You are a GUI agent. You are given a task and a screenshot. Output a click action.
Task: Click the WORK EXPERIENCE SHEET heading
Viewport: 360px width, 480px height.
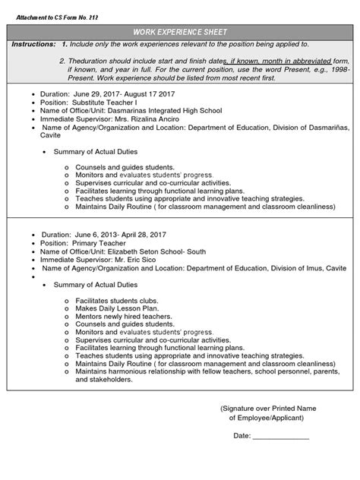pos(180,33)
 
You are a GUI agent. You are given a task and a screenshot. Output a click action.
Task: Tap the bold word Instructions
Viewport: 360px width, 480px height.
pos(33,45)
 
